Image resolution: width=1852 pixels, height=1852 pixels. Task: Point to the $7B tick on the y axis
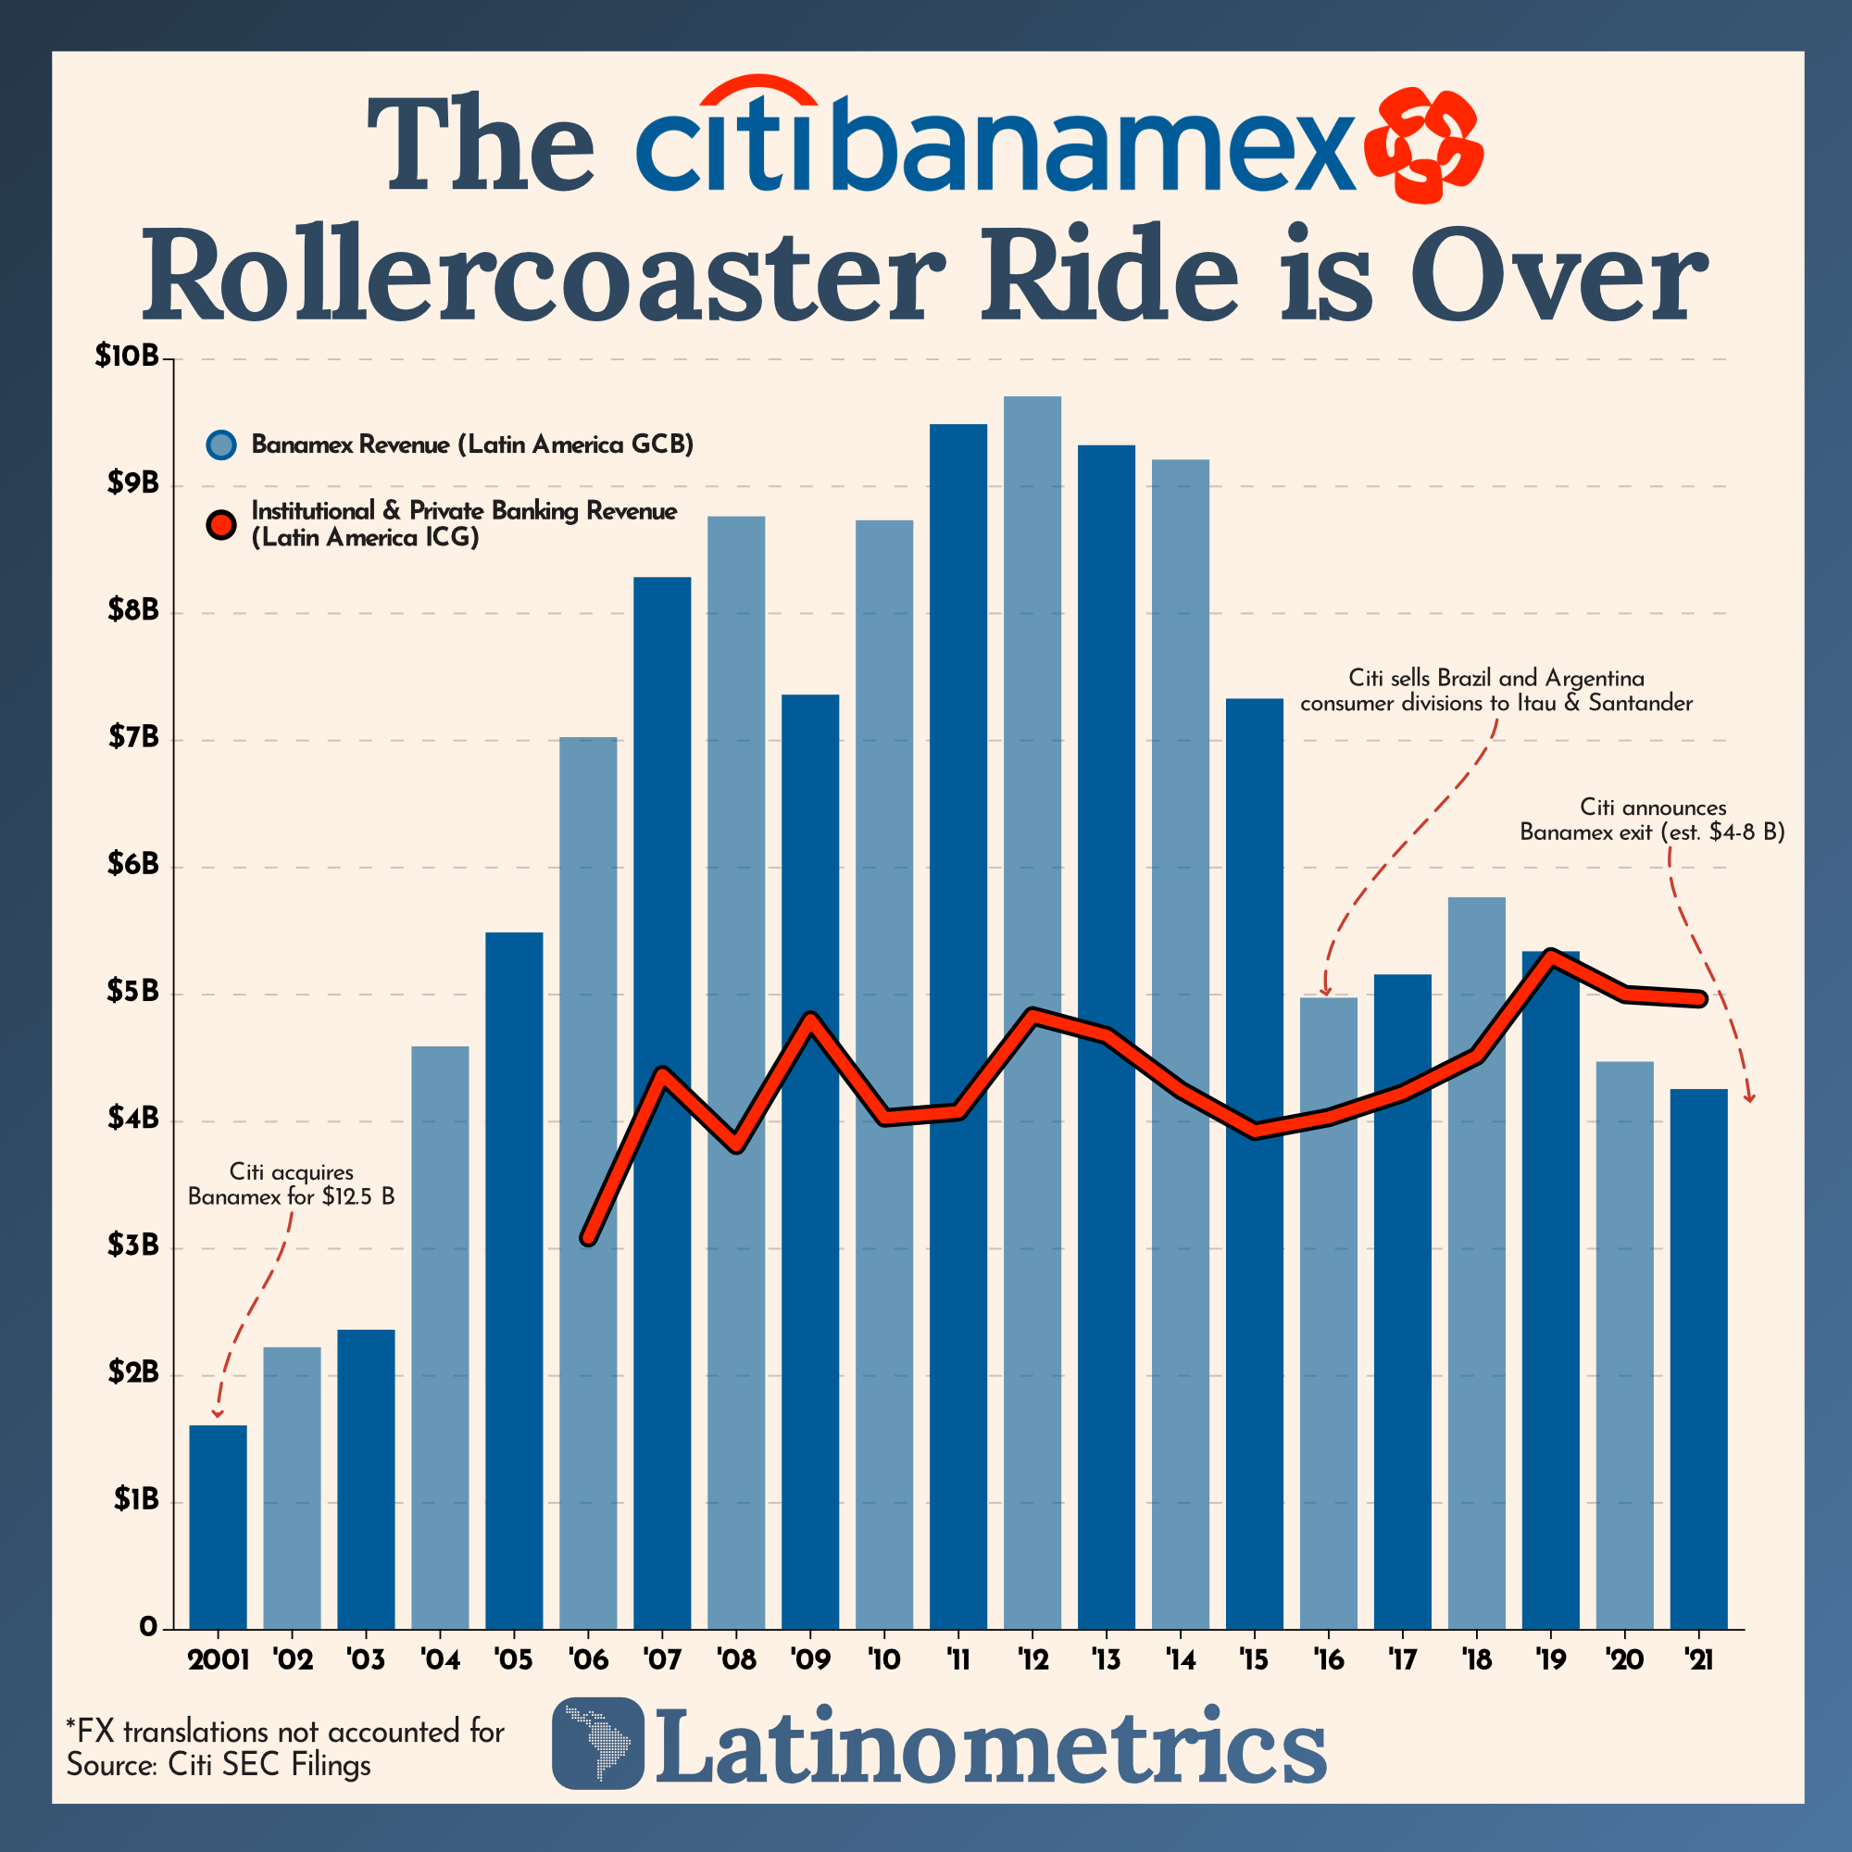(134, 739)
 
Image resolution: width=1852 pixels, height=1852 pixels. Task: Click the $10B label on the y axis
(127, 357)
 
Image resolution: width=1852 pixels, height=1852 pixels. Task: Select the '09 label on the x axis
(810, 1659)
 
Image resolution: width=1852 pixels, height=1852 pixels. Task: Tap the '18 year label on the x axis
(1476, 1659)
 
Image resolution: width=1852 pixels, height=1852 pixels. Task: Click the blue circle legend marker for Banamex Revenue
(221, 444)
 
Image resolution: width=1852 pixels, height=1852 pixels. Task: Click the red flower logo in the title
(1423, 145)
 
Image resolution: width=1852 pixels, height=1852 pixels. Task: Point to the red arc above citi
(758, 91)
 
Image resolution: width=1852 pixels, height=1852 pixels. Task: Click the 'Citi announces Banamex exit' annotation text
(1652, 820)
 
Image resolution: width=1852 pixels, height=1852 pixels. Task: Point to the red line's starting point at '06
(590, 1237)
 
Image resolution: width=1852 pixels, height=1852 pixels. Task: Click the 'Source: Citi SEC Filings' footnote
(219, 1765)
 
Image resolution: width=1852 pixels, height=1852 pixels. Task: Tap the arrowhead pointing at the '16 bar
(1327, 992)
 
